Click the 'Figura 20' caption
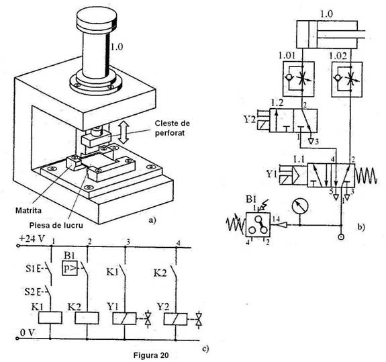pos(151,355)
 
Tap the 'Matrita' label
pos(28,211)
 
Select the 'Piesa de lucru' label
pos(56,225)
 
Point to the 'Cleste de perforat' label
pos(172,128)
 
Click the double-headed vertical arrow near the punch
pos(124,132)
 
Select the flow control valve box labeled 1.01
pos(298,79)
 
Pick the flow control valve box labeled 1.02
pos(347,79)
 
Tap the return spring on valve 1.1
pos(366,175)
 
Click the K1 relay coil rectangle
pos(50,318)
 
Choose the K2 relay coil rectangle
pos(87,318)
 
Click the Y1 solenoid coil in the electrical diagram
pos(125,318)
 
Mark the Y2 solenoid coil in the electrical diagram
pos(175,318)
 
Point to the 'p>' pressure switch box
pos(70,268)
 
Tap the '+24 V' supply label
pos(32,239)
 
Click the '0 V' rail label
pos(28,332)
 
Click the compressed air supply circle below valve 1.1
pos(341,237)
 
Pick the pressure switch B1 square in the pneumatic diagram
pos(258,224)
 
